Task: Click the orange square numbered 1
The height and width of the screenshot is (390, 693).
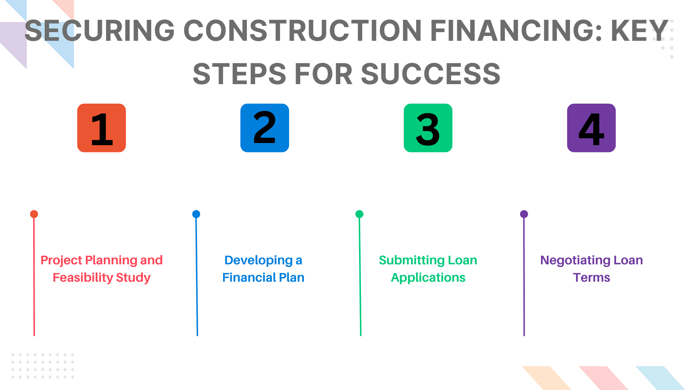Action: point(101,128)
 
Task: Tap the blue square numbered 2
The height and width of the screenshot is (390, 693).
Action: point(265,128)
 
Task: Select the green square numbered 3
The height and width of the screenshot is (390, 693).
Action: point(428,128)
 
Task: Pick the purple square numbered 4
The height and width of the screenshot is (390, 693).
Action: point(591,128)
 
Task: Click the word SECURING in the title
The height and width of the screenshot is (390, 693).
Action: point(100,30)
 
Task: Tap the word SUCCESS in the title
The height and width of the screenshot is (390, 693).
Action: point(431,74)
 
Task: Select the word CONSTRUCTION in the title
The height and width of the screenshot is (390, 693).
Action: point(302,30)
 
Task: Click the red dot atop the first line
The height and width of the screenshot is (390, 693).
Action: point(34,214)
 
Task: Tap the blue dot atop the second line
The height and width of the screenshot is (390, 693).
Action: point(196,214)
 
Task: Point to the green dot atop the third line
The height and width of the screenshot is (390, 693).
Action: point(359,214)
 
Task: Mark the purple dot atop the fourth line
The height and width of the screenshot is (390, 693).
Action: point(524,214)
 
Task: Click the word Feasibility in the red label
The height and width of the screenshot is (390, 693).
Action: point(83,278)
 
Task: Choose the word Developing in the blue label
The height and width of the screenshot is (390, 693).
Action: point(258,260)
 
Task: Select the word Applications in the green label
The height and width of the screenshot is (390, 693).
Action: point(428,278)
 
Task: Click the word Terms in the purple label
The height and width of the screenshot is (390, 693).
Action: point(592,278)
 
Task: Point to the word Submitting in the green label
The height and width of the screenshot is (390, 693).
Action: point(412,260)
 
